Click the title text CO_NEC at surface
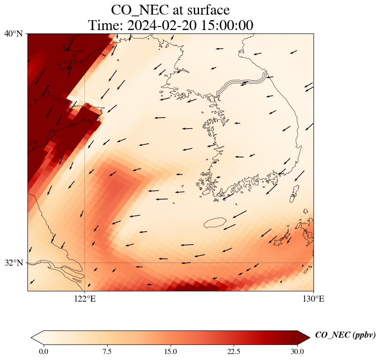[170, 9]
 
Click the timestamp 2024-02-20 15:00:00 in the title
[190, 25]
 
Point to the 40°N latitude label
[14, 33]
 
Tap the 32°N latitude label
[14, 263]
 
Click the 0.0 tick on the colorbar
[44, 352]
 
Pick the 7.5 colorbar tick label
[107, 352]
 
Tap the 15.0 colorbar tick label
[171, 352]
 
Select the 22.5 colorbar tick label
[234, 352]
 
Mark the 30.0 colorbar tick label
[298, 352]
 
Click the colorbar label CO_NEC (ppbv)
[345, 335]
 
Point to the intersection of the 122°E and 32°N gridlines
[85, 263]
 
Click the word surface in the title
[205, 9]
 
